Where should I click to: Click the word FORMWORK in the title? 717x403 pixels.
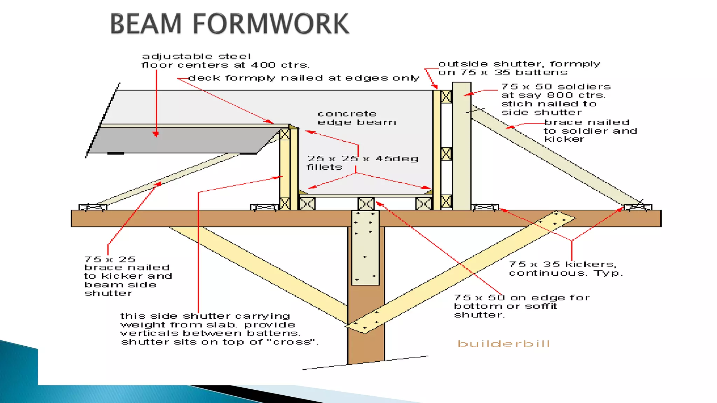(271, 24)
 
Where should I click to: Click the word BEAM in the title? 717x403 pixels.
(146, 24)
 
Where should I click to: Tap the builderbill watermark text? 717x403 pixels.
(503, 344)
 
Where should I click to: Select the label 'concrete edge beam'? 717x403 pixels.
(357, 118)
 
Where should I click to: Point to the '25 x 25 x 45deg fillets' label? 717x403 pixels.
(362, 163)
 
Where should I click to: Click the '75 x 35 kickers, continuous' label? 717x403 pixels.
(565, 269)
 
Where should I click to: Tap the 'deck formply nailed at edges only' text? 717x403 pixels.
(304, 78)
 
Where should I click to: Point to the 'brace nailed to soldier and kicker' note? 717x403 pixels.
(590, 130)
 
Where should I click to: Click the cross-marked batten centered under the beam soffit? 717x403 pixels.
(366, 204)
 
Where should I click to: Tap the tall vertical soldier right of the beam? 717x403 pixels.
(461, 147)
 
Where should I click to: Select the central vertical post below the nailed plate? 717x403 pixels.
(366, 325)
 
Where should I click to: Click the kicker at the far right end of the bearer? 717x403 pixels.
(638, 207)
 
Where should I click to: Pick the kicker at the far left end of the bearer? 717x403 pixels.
(92, 207)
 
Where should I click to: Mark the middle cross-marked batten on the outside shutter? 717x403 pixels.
(446, 154)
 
